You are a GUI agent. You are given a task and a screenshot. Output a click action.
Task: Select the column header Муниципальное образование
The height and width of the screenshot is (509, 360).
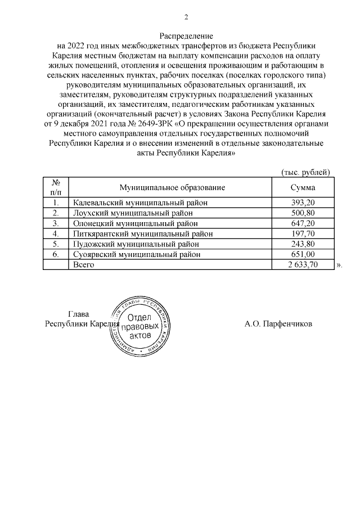click(172, 187)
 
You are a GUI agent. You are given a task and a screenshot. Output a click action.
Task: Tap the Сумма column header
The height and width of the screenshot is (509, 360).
click(303, 187)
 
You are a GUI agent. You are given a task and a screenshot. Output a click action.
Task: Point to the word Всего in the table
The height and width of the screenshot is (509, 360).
click(84, 264)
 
